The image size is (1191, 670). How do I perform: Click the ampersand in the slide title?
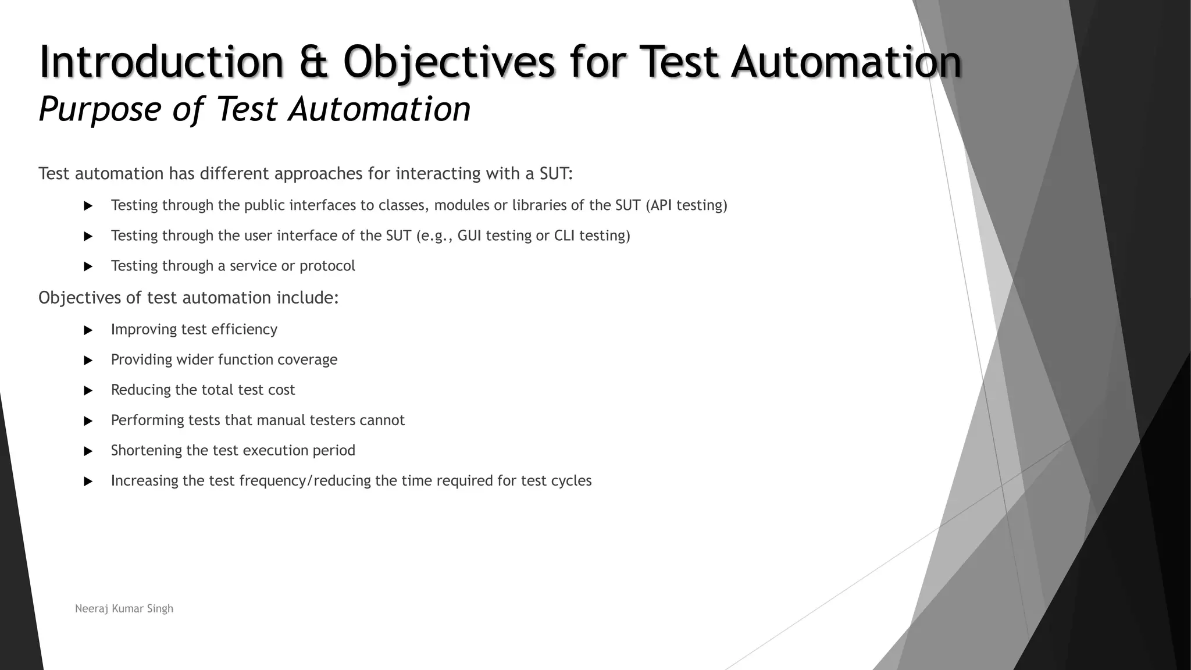[312, 62]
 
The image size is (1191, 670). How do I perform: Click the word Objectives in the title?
[449, 62]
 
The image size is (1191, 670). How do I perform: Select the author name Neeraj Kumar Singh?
[124, 608]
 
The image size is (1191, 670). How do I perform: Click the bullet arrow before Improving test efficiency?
[88, 330]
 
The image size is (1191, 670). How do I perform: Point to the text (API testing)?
[686, 205]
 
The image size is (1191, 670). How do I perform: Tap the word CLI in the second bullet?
[564, 236]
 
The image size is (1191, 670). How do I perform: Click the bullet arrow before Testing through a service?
[88, 267]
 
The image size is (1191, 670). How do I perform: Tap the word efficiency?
[244, 329]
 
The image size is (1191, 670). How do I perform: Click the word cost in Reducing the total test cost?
[281, 390]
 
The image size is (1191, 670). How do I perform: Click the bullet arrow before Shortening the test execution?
[88, 451]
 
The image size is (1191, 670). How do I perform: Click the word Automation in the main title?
[846, 62]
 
